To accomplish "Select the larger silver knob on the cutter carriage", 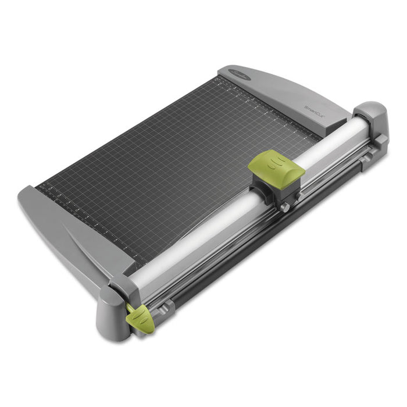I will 285,206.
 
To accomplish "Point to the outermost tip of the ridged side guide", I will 23,195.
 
